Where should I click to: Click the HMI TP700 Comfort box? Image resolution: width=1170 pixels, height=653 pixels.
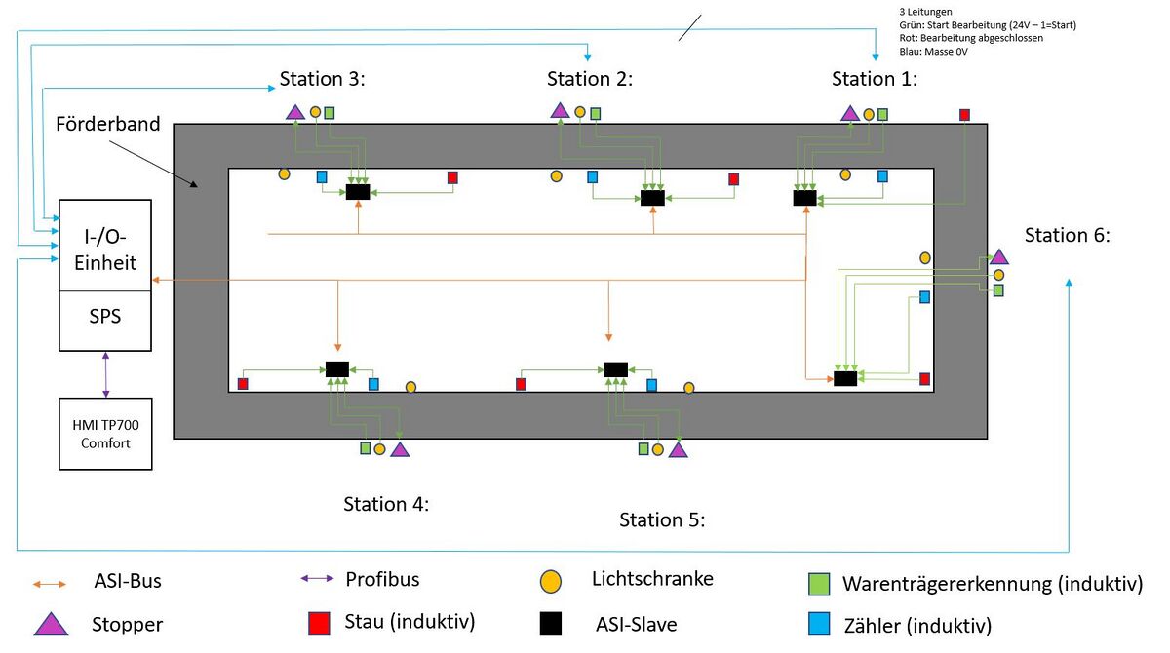click(105, 434)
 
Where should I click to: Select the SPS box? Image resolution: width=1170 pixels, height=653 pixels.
click(105, 320)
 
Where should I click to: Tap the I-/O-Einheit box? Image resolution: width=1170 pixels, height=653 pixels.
click(105, 246)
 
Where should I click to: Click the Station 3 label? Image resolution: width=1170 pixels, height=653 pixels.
click(322, 79)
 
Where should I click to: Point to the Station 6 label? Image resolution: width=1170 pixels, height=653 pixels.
click(1068, 235)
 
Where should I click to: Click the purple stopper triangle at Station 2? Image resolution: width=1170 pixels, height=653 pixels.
click(560, 110)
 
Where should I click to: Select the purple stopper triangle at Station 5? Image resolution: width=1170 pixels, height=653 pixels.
click(678, 449)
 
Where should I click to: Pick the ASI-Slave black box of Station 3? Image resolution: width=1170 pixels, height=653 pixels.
click(358, 192)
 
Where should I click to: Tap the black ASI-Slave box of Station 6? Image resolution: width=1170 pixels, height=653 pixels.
click(845, 378)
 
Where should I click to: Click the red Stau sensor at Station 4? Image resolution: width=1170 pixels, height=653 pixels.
click(243, 384)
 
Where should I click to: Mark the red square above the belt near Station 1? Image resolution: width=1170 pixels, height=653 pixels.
click(965, 115)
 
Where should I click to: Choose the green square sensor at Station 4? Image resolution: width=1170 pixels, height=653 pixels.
click(365, 448)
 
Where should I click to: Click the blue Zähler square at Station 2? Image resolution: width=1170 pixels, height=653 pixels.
click(592, 177)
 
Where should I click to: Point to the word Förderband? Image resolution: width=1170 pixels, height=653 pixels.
click(107, 126)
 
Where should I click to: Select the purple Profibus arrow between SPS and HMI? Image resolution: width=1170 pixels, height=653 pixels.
click(105, 374)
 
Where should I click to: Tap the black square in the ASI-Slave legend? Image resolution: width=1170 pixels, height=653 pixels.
click(553, 623)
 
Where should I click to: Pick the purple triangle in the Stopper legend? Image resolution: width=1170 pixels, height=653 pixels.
click(51, 624)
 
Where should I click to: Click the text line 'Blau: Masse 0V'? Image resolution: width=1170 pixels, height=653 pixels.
click(934, 52)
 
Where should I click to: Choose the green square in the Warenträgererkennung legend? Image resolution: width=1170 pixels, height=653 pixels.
click(820, 584)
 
